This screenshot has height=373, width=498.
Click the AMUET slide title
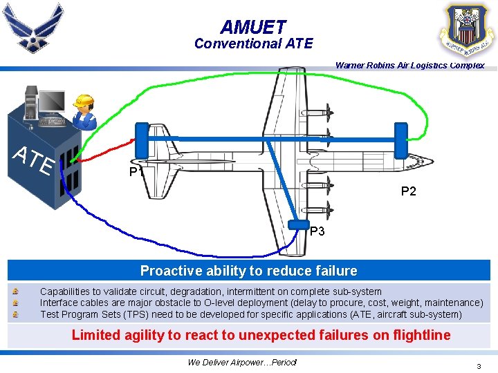(253, 27)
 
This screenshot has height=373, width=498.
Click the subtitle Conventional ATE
(253, 44)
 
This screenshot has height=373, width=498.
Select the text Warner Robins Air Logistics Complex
(409, 66)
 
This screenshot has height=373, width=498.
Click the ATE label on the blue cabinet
(35, 161)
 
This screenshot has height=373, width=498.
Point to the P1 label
(136, 173)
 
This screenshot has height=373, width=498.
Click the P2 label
(409, 191)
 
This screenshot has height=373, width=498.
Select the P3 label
(317, 231)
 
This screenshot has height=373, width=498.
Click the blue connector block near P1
(142, 140)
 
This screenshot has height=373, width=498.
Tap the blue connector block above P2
(400, 140)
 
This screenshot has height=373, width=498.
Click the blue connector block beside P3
(298, 224)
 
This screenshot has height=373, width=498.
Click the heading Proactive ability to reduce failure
(249, 271)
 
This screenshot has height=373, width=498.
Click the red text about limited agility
(261, 336)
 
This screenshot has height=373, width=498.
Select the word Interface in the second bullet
(59, 303)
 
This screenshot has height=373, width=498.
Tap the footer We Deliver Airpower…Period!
(242, 363)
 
